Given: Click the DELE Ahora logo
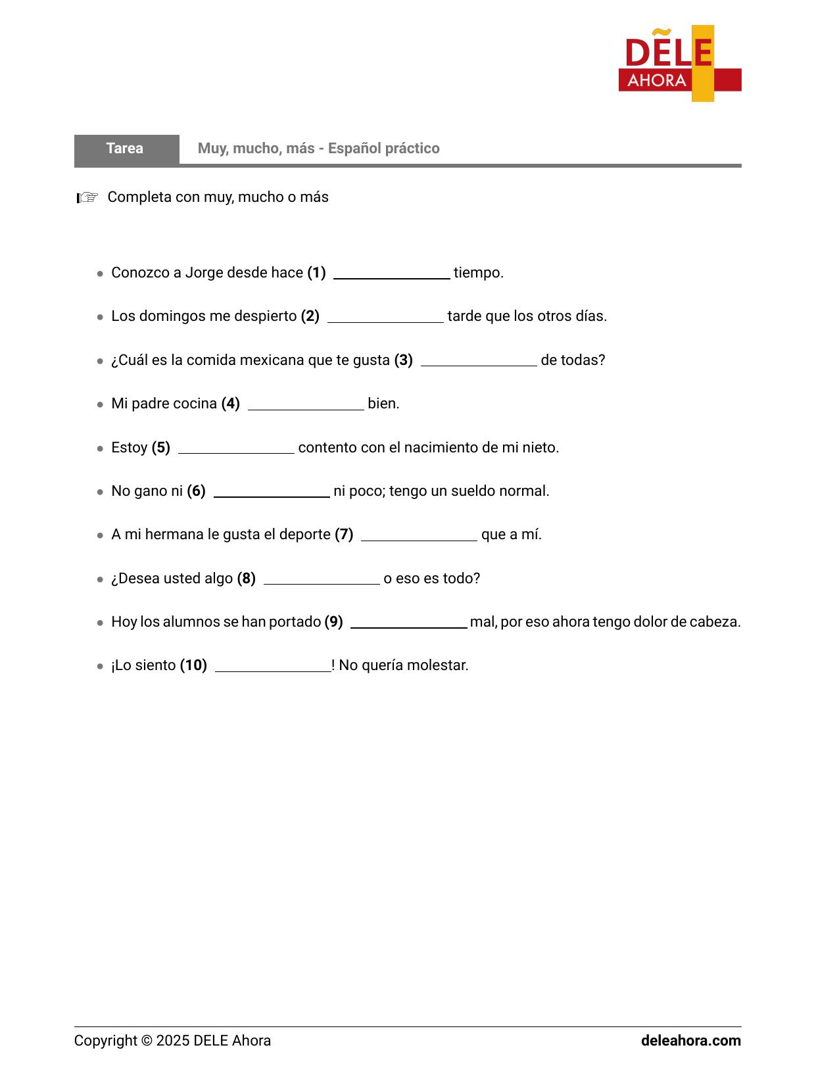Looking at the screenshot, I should tap(679, 64).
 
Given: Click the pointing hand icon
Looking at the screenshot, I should tap(87, 197).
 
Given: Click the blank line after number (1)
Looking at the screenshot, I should tap(391, 274).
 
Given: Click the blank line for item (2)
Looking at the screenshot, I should tap(385, 317).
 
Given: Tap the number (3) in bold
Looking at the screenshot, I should tap(403, 360).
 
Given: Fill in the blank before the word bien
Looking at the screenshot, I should tap(306, 404).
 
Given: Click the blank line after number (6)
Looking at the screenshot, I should tap(272, 492).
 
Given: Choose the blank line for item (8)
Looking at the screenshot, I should tap(322, 579).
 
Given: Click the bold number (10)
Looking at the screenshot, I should tap(193, 665).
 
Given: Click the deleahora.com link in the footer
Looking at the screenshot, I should tap(690, 1040).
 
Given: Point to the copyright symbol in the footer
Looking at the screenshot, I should tap(147, 1040).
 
